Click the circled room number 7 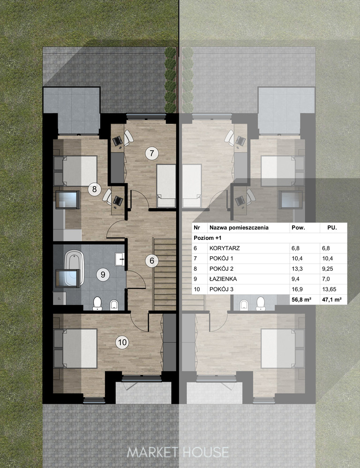[152, 153]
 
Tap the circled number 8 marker [94, 189]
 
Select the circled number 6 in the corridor [152, 260]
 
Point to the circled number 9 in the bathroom [103, 274]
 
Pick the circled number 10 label [122, 342]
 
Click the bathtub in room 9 [74, 268]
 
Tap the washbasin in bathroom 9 [120, 259]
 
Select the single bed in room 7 [166, 186]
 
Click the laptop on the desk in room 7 [117, 140]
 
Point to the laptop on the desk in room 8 [118, 201]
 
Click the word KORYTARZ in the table [225, 248]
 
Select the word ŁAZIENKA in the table [223, 279]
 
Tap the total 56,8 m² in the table [301, 300]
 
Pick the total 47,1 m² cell [332, 300]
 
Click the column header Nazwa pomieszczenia [239, 228]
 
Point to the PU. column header [332, 228]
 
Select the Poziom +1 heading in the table [207, 238]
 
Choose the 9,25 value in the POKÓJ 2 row [328, 269]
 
